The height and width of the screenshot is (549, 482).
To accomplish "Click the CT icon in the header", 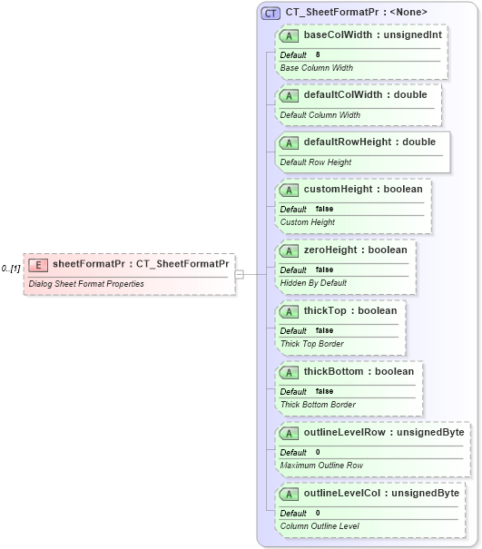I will click(271, 13).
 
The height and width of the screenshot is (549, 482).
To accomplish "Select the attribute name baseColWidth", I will click(338, 35).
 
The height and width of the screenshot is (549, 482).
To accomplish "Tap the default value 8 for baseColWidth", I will click(318, 55).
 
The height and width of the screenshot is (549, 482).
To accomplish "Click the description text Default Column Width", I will click(320, 115).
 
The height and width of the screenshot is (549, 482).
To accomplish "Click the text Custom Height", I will click(308, 222).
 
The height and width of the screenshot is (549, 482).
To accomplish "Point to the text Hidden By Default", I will click(313, 282).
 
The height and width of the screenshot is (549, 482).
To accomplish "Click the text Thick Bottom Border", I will click(318, 405).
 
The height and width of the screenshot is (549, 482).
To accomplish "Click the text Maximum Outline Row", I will click(321, 466).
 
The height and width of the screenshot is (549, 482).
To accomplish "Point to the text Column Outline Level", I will click(320, 525).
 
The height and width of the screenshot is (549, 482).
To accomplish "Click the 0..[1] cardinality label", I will click(11, 269).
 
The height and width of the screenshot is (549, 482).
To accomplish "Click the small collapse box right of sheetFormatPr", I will click(239, 273).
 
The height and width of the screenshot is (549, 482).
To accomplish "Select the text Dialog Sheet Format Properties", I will click(85, 284).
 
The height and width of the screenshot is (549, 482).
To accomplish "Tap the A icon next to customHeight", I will click(290, 190).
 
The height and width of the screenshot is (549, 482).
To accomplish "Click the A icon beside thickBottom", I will click(290, 372).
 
